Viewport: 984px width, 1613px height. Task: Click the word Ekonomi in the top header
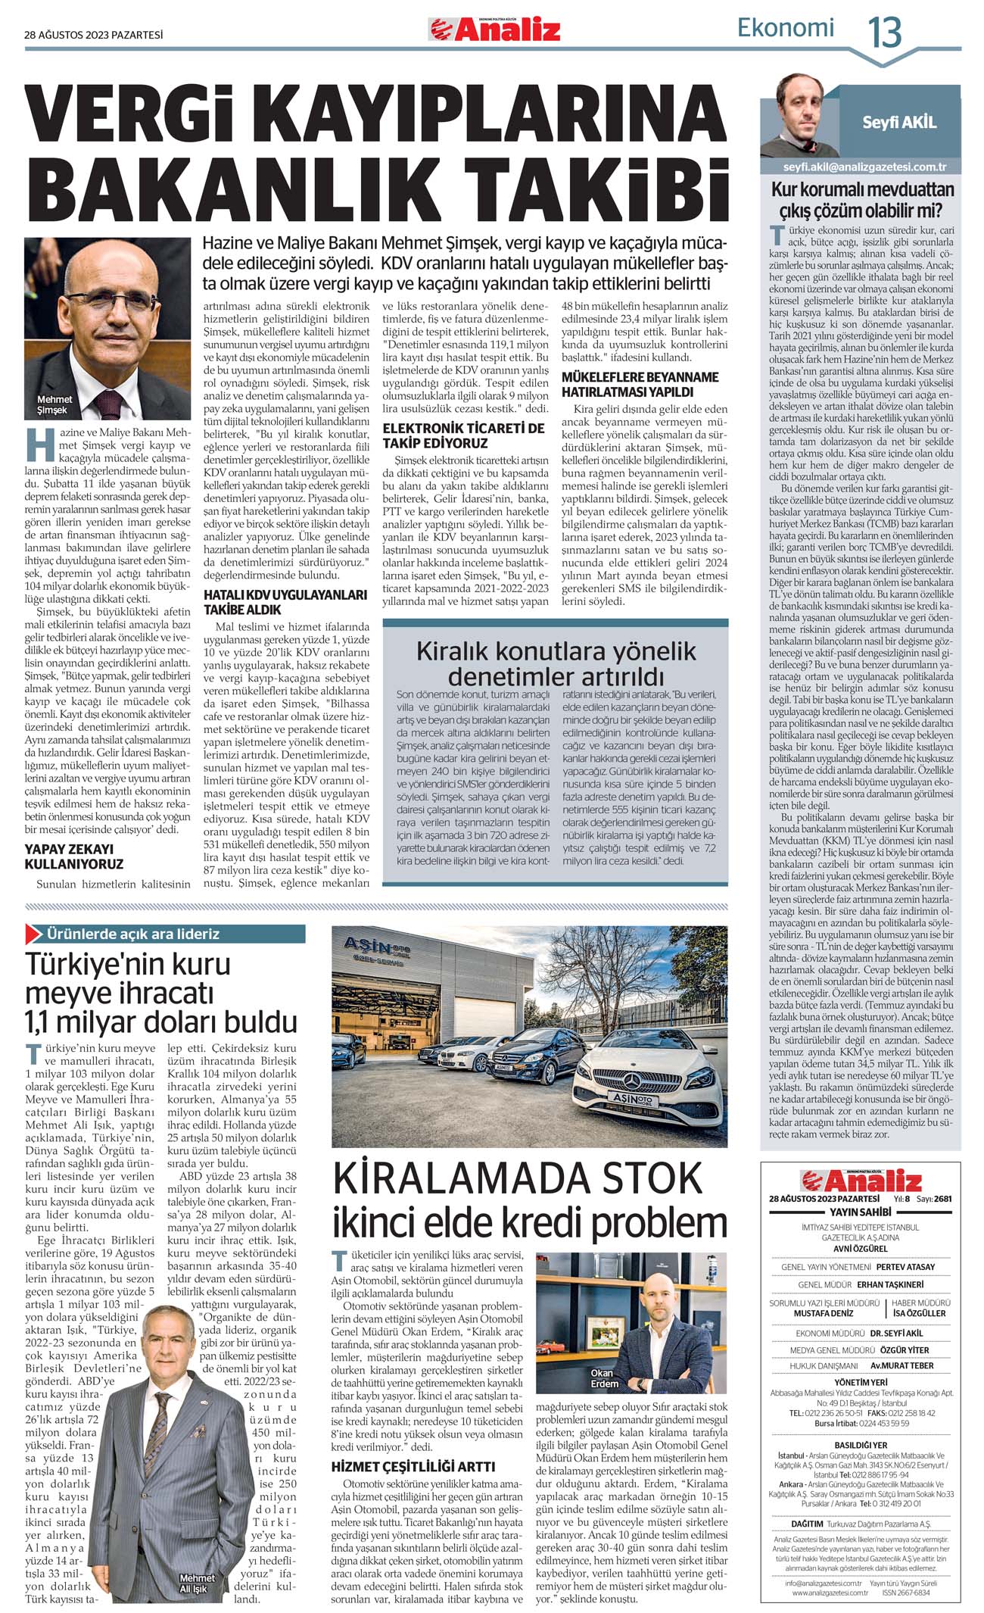785,28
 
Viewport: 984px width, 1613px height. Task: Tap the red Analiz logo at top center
496,30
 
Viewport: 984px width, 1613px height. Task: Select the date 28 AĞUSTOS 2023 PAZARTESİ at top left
94,34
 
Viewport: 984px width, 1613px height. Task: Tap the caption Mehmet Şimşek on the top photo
54,404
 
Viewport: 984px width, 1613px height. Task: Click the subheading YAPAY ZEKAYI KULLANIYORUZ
74,856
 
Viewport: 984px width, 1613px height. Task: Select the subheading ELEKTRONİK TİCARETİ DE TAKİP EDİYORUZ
463,435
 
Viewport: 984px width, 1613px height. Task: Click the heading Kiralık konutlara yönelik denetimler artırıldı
556,663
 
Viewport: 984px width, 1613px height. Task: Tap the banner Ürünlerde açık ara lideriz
132,934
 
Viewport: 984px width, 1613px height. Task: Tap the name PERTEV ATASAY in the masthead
905,1266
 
